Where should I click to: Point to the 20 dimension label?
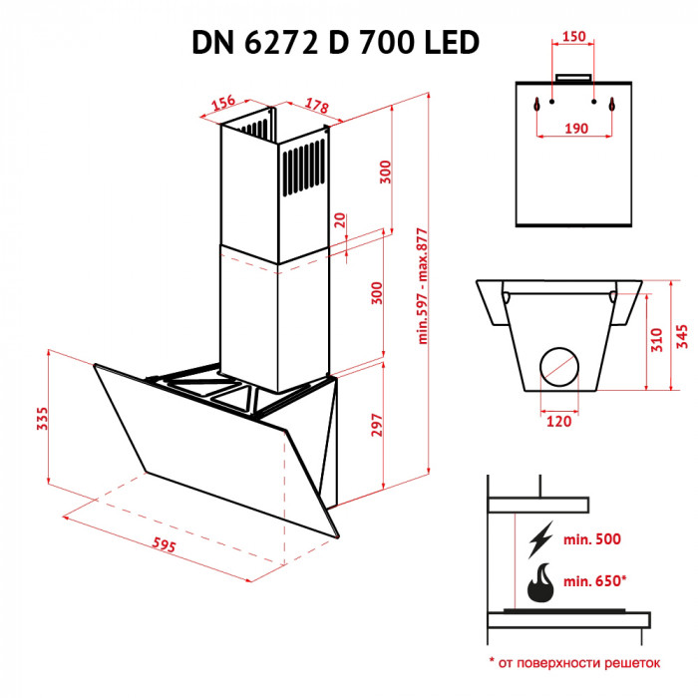point(340,220)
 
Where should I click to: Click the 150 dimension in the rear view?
point(574,37)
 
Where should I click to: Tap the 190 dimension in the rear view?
point(574,128)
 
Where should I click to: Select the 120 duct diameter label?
point(558,422)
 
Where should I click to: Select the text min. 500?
point(591,539)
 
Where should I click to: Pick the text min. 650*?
point(594,580)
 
